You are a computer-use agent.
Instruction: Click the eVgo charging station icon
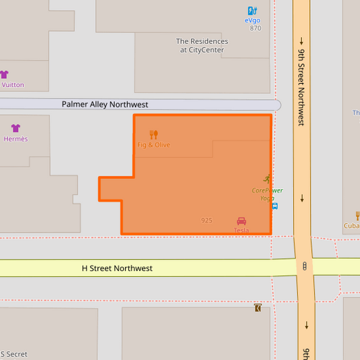point(252,11)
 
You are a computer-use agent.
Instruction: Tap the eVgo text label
point(253,20)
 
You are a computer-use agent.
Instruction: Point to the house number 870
point(255,28)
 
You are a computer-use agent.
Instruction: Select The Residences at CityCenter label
point(202,45)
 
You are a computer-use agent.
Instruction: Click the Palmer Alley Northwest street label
point(105,105)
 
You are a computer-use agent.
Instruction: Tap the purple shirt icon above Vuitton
point(4,74)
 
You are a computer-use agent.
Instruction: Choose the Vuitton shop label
point(13,85)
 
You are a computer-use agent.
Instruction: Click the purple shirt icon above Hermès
point(16,128)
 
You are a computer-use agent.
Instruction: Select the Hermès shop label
point(16,139)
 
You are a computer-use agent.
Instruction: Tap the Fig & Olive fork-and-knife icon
point(153,134)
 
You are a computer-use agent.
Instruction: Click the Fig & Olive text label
point(153,145)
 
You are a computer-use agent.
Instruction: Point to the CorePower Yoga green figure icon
point(267,180)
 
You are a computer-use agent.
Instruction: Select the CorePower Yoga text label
point(267,195)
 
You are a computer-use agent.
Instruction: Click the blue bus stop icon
point(275,206)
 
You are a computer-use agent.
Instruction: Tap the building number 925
point(207,220)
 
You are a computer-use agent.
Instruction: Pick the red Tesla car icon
point(241,221)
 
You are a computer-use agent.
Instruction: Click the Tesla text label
point(241,230)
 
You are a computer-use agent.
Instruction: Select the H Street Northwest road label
point(117,268)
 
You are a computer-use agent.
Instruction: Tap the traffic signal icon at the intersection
point(305,266)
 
